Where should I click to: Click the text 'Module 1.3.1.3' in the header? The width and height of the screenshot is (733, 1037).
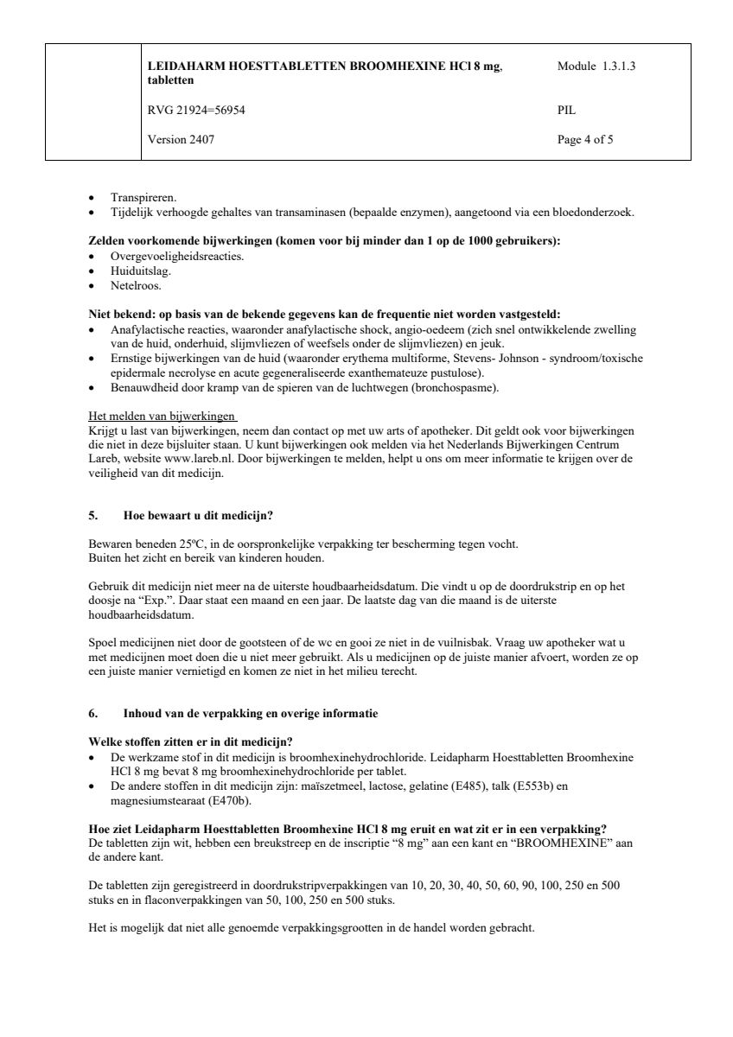(x=597, y=66)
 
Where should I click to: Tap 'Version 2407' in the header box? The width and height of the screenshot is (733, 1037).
(x=182, y=138)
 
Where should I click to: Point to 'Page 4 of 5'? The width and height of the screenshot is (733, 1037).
(x=586, y=138)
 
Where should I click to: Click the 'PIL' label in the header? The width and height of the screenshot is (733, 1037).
(x=567, y=110)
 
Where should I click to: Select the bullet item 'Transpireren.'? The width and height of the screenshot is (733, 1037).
(x=143, y=197)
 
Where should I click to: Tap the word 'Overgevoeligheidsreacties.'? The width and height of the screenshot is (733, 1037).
(x=177, y=257)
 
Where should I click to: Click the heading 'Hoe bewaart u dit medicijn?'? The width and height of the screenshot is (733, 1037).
(x=198, y=516)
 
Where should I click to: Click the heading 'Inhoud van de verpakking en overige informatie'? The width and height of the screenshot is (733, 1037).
(x=251, y=714)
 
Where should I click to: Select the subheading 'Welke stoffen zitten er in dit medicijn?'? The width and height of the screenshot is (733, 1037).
(x=190, y=742)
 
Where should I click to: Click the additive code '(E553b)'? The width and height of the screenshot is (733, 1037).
(x=535, y=786)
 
